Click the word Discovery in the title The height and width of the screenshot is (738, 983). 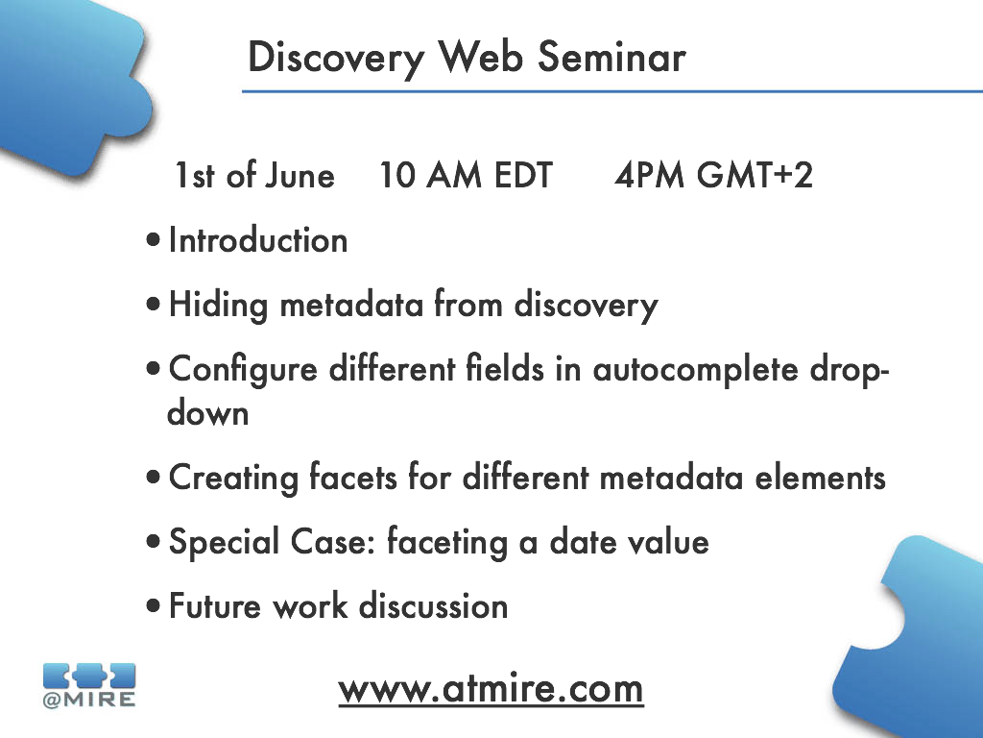point(337,59)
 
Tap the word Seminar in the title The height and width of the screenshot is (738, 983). point(611,57)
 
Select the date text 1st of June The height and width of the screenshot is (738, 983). point(254,175)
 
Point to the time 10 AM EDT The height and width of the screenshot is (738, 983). point(466,175)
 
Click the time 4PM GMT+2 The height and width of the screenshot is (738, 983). point(713,175)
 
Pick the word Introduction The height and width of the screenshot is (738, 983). point(258,240)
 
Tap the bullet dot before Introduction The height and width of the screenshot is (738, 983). point(153,240)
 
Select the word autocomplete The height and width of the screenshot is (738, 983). point(696,370)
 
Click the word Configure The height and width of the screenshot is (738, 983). point(243,370)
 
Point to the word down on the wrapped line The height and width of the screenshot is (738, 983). point(208,413)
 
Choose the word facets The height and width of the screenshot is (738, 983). point(353,478)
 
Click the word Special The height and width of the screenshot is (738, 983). point(224,543)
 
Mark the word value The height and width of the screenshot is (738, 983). point(669,542)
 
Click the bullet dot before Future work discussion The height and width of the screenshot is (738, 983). point(153,607)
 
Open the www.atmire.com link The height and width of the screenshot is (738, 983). point(491,690)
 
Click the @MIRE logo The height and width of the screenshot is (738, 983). point(89,685)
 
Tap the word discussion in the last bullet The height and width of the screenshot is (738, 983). point(433,607)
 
